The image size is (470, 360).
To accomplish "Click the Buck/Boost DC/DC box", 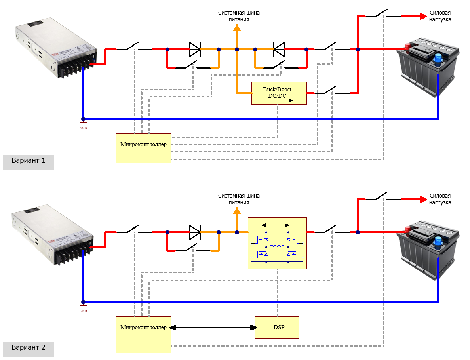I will point(279,93).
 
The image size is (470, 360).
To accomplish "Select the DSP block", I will point(277,328).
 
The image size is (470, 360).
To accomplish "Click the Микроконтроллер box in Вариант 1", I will point(143,148).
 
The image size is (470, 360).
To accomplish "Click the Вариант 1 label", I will point(29,161).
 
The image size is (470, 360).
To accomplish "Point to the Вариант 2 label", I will point(29,348).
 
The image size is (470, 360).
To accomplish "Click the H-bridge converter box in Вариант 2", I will point(277,243).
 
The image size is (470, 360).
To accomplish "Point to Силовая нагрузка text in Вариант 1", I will point(440,16).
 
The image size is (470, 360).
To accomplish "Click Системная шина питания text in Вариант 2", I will point(239,199).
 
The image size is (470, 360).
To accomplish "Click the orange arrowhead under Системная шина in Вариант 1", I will point(237,27).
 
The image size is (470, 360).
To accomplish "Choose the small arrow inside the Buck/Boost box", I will point(280,101).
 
